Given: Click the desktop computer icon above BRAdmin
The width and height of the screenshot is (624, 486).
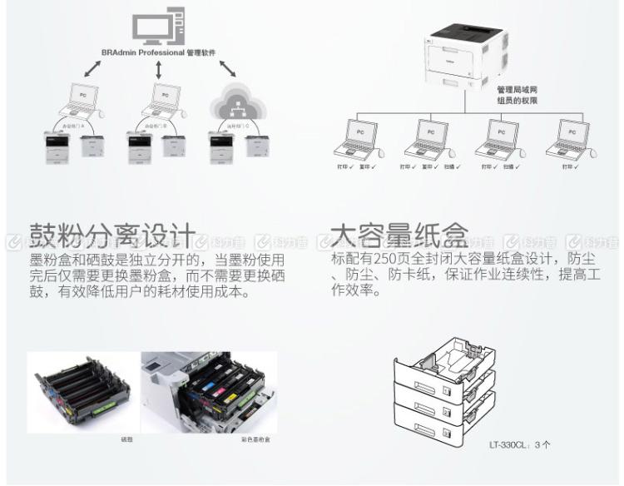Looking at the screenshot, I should [x=156, y=27].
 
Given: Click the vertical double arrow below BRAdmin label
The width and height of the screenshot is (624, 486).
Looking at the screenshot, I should [x=157, y=71].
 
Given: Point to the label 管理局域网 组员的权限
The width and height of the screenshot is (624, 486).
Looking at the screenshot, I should [x=517, y=93].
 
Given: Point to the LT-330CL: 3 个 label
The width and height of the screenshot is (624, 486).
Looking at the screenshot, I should [x=519, y=444].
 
